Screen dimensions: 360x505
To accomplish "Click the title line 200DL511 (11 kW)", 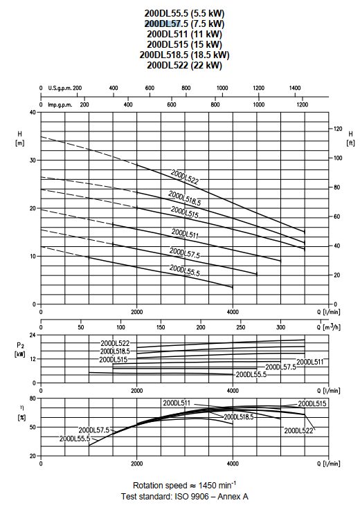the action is pos(184,34).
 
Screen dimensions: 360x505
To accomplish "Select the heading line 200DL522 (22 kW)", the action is pos(184,65).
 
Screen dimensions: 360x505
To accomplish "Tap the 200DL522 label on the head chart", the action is pos(185,177).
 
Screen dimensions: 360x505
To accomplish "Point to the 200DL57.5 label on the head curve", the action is pos(185,252).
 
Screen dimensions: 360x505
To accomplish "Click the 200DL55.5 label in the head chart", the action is pos(185,270).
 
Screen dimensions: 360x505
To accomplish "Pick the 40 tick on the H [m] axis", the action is pos(33,112).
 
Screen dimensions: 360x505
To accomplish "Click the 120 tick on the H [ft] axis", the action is pos(338,129).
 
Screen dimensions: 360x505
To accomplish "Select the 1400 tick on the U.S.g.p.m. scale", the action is pos(294,88).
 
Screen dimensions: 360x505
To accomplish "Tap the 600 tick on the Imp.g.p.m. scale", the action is pos(172,104).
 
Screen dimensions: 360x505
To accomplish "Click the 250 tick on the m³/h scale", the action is pos(240,327).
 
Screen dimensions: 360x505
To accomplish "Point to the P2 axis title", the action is pos(20,346).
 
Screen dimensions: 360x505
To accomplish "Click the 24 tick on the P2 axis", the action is pos(33,336).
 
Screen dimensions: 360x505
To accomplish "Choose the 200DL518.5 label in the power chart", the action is pos(115,351).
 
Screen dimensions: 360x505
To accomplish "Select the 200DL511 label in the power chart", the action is pos(309,362).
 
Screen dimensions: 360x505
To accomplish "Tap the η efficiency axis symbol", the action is pos(21,407).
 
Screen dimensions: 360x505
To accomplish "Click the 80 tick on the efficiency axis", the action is pos(33,398).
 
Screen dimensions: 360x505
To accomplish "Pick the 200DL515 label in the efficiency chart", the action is pos(312,403).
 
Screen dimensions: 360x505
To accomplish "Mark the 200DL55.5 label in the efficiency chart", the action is pos(75,439).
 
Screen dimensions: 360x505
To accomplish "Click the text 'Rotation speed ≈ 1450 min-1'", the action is pos(184,485).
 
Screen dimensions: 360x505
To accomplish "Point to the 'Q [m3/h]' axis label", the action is pos(328,327).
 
